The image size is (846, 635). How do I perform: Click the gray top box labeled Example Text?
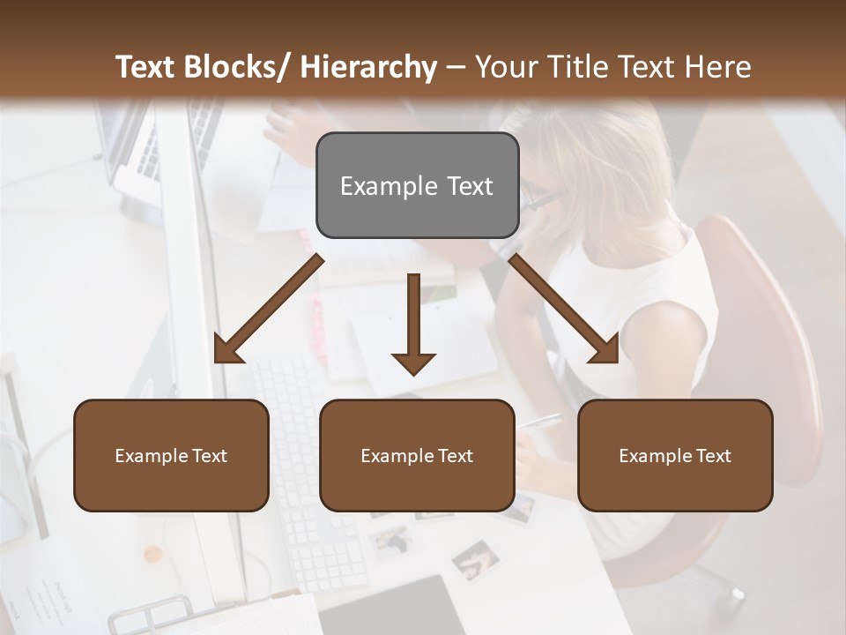pos(417,185)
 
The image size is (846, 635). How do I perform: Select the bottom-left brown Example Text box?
pos(171,455)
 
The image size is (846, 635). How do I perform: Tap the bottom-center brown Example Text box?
pos(417,455)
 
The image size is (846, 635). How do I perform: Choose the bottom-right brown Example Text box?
pos(675,455)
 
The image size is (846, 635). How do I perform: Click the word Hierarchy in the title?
pos(368,67)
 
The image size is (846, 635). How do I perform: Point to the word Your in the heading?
pos(505,67)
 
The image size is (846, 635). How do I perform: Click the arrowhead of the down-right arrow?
pos(606,351)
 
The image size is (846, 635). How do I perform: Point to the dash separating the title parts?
pos(456,67)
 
